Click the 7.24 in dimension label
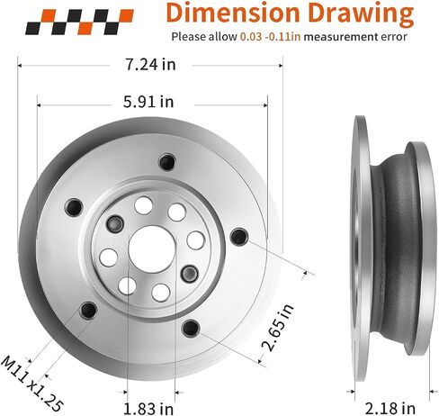150,64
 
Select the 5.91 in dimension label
148,102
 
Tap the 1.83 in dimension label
148,409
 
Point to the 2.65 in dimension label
278,327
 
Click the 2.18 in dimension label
390,409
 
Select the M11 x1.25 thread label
32,384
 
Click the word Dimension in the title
233,13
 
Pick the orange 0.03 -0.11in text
270,37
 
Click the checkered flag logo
79,22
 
